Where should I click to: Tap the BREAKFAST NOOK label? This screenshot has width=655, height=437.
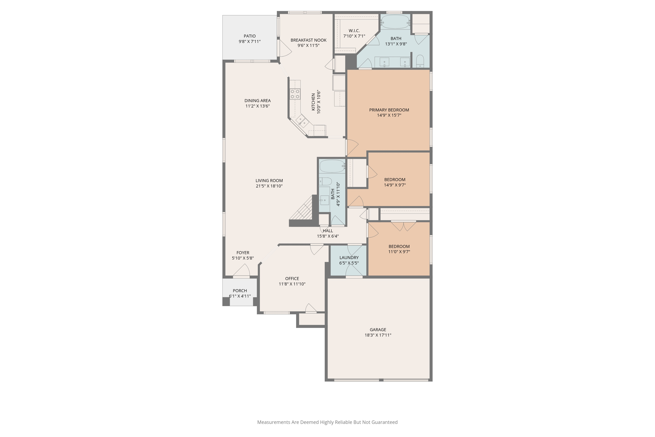point(308,40)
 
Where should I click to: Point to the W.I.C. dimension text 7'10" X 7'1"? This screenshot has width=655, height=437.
point(354,36)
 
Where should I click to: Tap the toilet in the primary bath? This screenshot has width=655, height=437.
point(420,61)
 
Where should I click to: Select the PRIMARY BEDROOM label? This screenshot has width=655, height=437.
point(389,110)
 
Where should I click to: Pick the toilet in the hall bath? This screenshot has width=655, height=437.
point(325,181)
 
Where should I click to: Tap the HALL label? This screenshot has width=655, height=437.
point(328,231)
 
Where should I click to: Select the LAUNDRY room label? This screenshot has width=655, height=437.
point(349,258)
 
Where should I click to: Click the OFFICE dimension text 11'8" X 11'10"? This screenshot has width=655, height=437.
point(292,284)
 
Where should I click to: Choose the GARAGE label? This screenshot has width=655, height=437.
point(378,330)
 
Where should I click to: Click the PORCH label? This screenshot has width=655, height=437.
point(240,291)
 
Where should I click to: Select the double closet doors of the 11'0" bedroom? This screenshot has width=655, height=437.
point(403,226)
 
